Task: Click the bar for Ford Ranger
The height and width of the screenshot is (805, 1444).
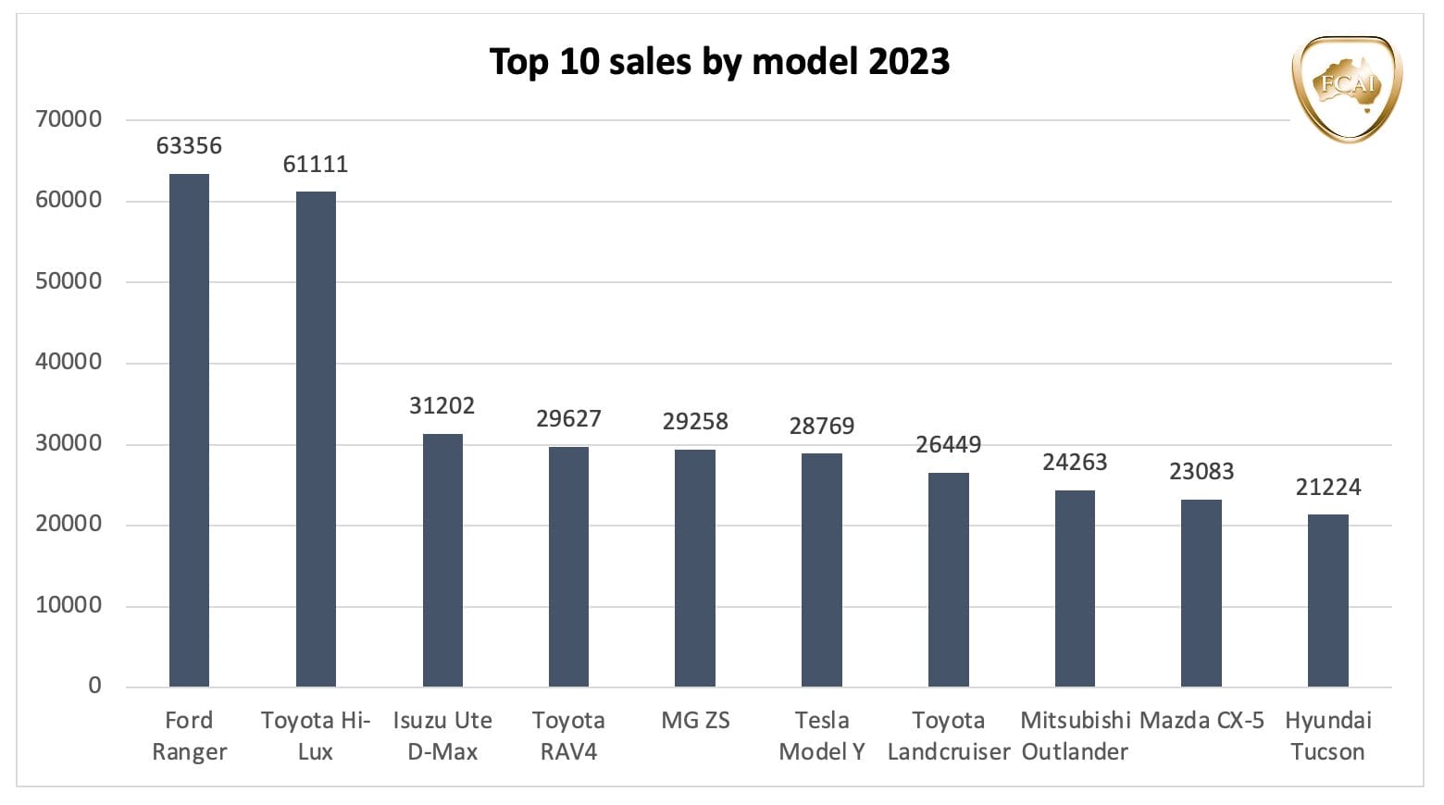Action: (189, 430)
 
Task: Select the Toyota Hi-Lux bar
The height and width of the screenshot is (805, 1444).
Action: (316, 440)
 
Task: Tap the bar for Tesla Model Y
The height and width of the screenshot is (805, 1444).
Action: (822, 570)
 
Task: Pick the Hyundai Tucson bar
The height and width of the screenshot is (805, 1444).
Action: (1327, 601)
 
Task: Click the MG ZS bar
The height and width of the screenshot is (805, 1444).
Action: (695, 568)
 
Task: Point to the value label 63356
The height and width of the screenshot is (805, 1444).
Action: (189, 146)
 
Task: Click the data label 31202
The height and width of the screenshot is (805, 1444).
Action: (442, 406)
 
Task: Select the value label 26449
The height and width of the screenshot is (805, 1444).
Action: (948, 445)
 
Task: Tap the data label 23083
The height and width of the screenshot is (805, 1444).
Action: (1201, 472)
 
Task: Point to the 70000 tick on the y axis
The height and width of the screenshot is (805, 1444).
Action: (68, 119)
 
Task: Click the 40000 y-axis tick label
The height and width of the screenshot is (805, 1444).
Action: (68, 362)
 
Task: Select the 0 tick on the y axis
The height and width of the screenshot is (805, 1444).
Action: (94, 686)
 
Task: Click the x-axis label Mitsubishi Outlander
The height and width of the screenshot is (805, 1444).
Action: (1075, 737)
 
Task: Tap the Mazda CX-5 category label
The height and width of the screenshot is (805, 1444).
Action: (1201, 721)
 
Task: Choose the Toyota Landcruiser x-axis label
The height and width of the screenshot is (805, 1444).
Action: (948, 737)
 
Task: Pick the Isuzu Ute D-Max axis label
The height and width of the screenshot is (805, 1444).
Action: (442, 737)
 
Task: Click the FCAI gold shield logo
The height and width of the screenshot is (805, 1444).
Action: (1347, 88)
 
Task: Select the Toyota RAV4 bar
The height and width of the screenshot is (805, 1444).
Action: (568, 566)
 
